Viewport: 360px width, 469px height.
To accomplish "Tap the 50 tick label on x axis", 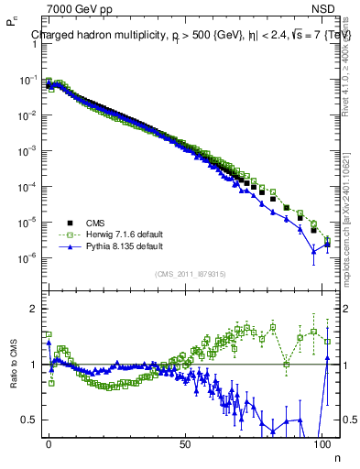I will (185, 443).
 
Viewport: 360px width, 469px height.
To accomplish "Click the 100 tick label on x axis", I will (322, 443).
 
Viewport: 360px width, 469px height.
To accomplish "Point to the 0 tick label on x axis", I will (49, 443).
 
